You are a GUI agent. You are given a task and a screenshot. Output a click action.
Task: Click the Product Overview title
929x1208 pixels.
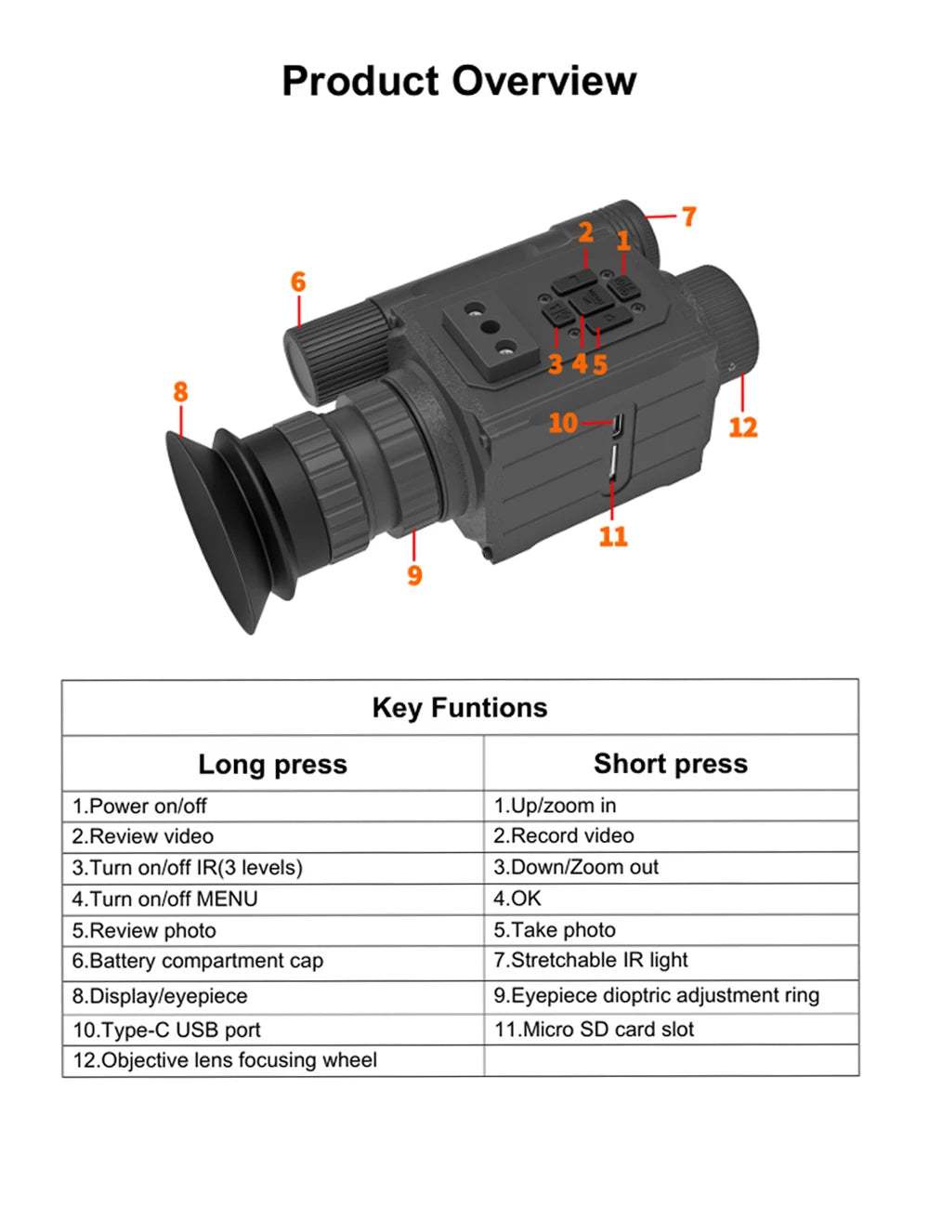[x=459, y=81]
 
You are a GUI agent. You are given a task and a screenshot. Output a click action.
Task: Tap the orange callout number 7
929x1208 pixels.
[x=689, y=217]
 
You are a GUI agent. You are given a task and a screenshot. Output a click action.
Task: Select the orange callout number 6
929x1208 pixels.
[x=298, y=282]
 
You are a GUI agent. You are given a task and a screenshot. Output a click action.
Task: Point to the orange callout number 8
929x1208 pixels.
[x=180, y=391]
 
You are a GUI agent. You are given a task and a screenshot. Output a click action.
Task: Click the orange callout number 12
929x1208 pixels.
[x=743, y=427]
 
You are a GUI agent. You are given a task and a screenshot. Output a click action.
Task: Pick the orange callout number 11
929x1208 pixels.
[x=613, y=536]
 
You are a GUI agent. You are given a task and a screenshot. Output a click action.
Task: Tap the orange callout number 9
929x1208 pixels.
[x=414, y=574]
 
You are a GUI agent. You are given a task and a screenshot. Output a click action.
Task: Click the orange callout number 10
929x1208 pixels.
[x=563, y=423]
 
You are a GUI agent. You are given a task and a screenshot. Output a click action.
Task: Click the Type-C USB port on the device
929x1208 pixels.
[x=617, y=425]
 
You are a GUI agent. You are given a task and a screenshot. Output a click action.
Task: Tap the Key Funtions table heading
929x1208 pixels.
[x=460, y=708]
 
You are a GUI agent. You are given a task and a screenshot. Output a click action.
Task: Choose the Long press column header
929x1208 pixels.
[x=273, y=764]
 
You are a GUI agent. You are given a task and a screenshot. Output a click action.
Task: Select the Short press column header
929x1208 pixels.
[x=671, y=763]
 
